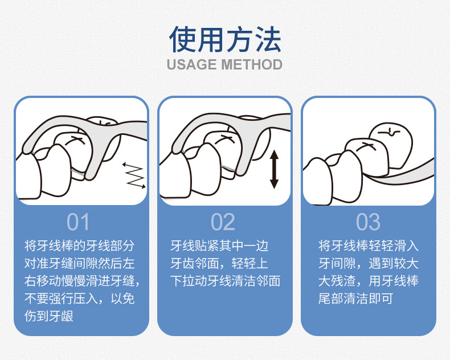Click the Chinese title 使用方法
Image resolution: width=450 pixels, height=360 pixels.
pos(225,39)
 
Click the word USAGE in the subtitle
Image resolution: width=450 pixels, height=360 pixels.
pos(191,64)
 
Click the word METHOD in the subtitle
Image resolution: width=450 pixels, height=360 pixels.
pos(252,64)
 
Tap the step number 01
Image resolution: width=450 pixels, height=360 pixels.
pos(78,222)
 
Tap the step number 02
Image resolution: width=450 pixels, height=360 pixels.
pos(223,222)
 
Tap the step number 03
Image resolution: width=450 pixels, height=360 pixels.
pos(368,222)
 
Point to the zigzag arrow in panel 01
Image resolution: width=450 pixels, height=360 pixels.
pos(134,175)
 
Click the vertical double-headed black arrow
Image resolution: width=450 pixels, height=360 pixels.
pos(274,169)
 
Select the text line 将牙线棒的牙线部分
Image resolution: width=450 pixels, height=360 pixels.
pos(80,246)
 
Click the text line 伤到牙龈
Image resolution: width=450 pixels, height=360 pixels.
pos(49,316)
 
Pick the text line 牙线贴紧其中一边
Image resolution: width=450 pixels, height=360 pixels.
pos(219,246)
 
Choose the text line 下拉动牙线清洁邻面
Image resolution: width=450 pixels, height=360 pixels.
pos(226,281)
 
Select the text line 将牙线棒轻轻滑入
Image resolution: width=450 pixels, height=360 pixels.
pos(368,246)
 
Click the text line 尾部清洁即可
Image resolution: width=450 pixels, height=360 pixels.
pos(355,298)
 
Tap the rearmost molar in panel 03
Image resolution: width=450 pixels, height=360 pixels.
pos(391,145)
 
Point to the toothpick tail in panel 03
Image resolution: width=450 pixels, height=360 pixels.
pos(402,173)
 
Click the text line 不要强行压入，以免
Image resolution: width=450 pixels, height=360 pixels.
pos(80,298)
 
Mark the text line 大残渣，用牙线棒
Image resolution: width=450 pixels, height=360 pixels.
pos(368,281)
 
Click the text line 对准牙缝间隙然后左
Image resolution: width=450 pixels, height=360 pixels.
pos(80,263)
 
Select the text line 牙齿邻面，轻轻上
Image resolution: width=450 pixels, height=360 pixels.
pos(219,263)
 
